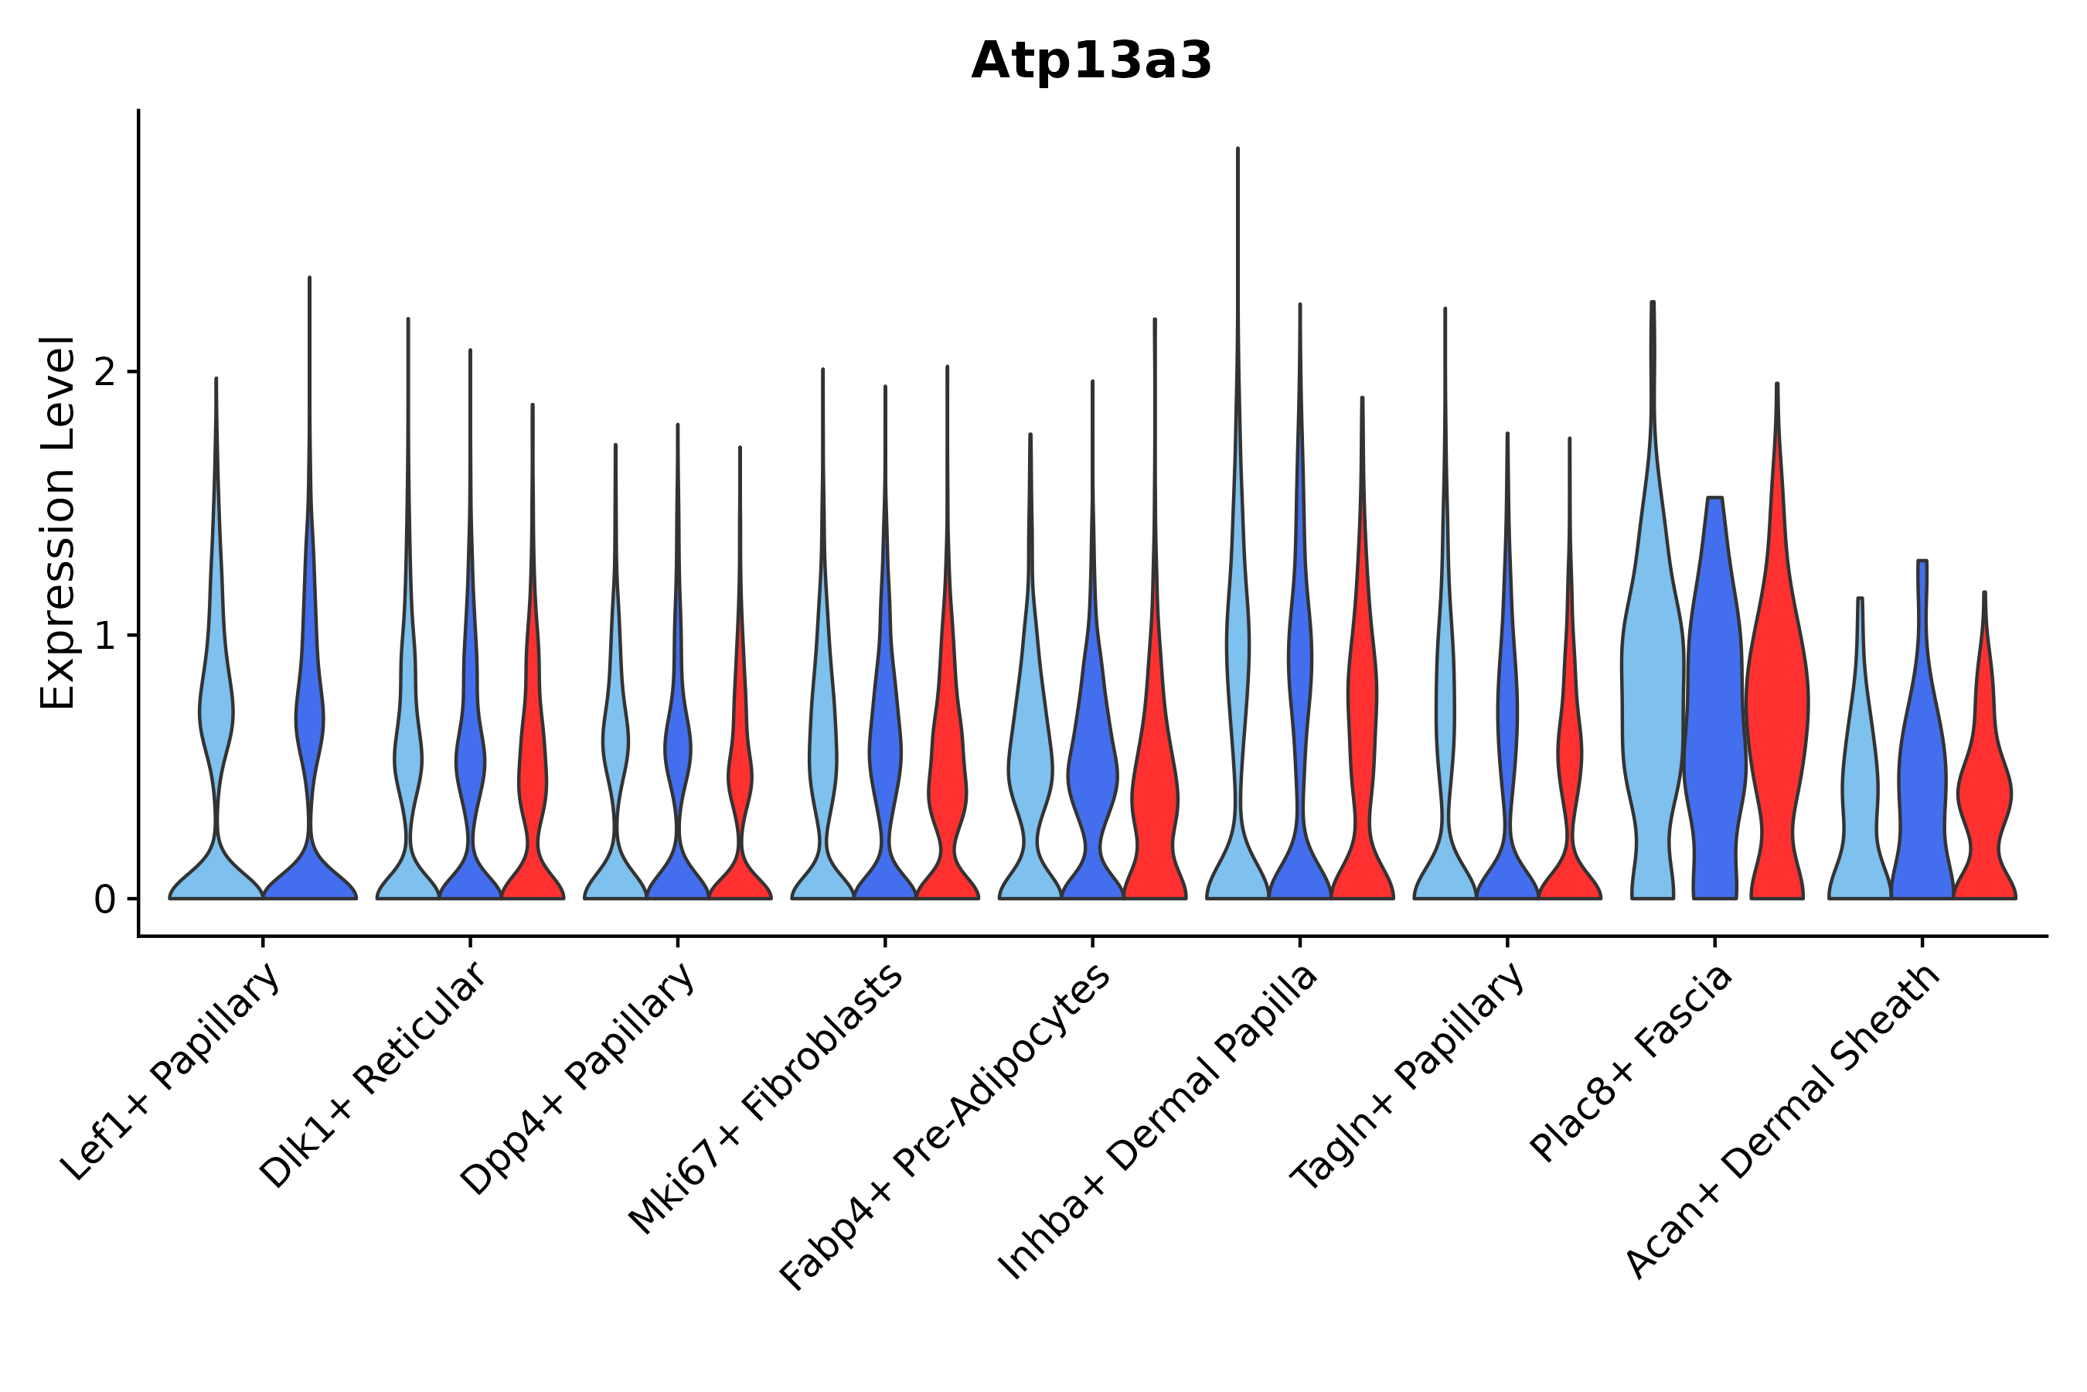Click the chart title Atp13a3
click(1091, 62)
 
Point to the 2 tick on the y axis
click(104, 372)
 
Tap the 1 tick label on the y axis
click(104, 636)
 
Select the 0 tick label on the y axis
click(104, 900)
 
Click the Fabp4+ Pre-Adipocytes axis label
click(946, 1128)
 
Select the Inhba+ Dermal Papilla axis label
click(1159, 1122)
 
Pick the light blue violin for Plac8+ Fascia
click(1653, 710)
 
